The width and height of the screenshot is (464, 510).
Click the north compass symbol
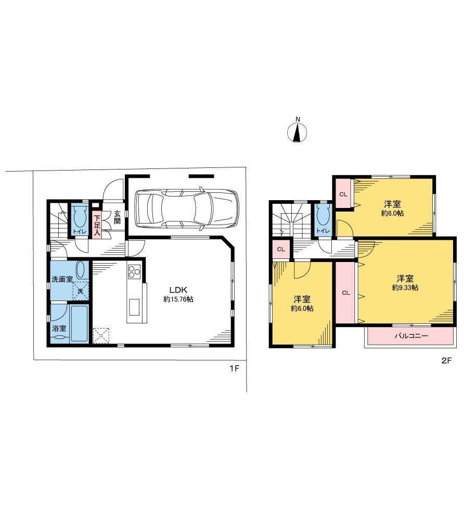coord(297,132)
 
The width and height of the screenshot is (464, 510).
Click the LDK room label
coord(178,290)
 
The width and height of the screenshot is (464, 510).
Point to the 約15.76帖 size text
coord(178,299)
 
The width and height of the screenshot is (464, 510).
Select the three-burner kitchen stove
coord(134,271)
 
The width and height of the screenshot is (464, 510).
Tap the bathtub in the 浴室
coord(80,323)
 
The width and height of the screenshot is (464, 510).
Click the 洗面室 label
coord(62,279)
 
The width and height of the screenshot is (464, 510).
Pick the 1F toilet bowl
coord(80,217)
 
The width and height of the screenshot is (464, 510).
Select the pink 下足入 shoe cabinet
coord(97,224)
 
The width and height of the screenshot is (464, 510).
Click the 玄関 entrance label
coord(117,218)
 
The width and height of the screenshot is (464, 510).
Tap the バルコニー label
coord(411,336)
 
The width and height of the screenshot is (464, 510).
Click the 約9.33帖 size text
coord(405,288)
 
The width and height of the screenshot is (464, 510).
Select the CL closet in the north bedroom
coord(343,194)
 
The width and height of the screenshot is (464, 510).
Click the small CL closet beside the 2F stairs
coord(281,250)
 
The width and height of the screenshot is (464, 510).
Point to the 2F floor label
coord(446,360)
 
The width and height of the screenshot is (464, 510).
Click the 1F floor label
coord(234,369)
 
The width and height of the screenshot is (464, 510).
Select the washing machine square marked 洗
coord(81,291)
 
